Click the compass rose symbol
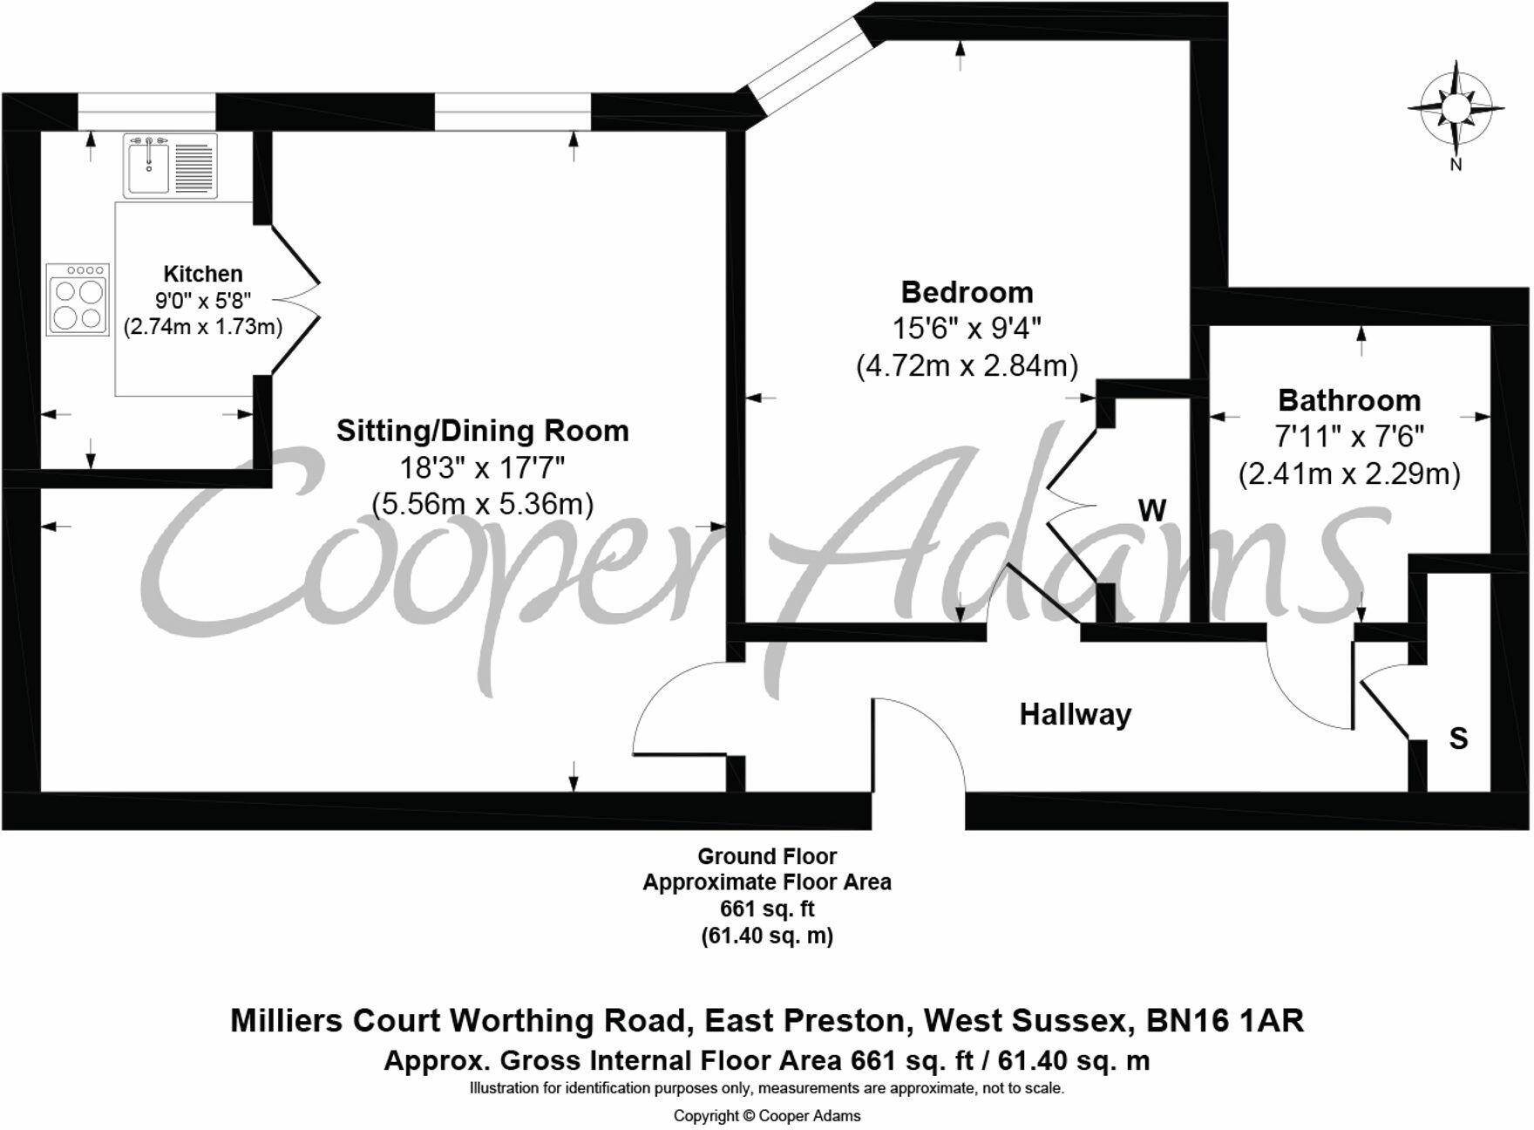point(1456,109)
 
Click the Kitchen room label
point(203,274)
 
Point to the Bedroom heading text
point(967,292)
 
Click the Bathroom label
point(1348,400)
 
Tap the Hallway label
point(1075,715)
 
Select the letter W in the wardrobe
point(1152,511)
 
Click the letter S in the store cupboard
point(1458,739)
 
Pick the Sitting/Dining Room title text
point(482,431)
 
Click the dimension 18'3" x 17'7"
point(482,468)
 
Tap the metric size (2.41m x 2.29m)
point(1348,474)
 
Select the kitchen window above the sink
point(146,112)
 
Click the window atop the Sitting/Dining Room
point(512,112)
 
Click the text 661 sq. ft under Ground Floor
point(766,909)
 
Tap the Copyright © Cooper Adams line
point(766,1116)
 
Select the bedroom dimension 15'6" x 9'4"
point(967,329)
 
